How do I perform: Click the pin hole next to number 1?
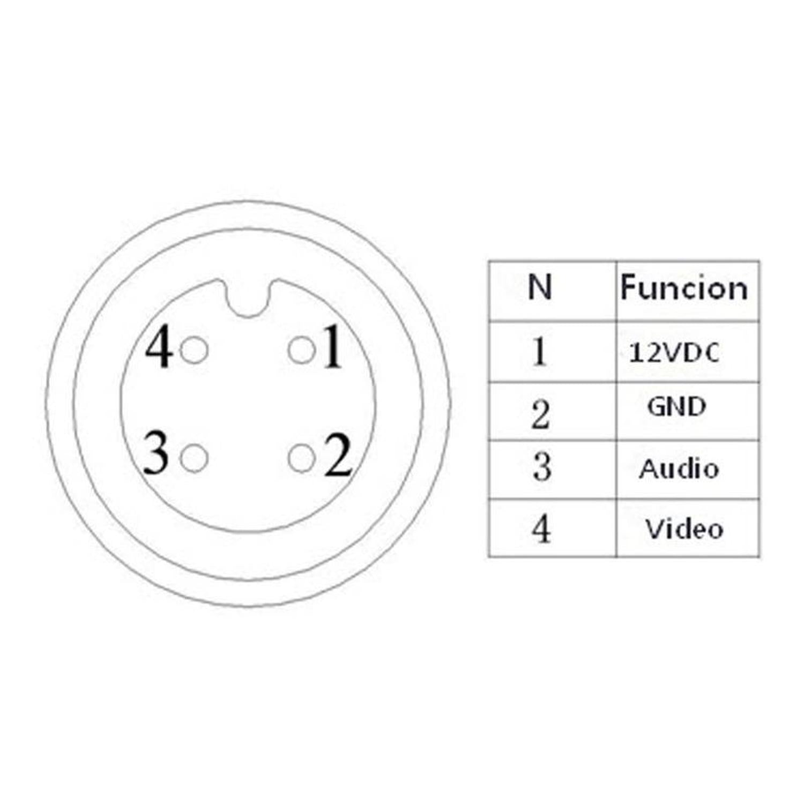point(301,351)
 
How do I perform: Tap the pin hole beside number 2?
point(301,458)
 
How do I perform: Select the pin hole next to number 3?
point(194,458)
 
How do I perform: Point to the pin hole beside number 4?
point(194,351)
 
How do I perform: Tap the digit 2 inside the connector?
point(338,455)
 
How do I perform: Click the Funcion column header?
point(684,288)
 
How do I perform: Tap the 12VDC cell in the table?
point(674,353)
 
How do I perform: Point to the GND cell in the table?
point(676,407)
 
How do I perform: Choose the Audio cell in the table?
point(679,468)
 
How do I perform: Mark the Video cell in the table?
point(684,528)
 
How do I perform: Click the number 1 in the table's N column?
point(540,352)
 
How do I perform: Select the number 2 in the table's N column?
point(541,415)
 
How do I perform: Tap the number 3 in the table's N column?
point(541,466)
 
